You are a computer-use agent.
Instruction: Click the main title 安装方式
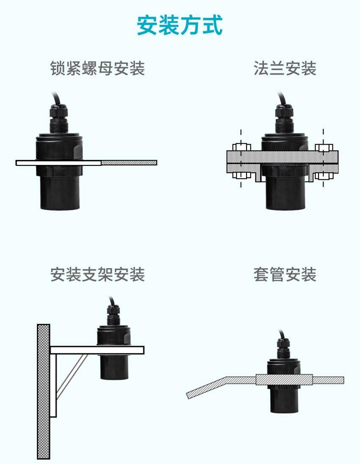click(180, 25)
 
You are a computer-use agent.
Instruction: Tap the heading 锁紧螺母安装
click(97, 68)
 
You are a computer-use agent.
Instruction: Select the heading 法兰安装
click(285, 68)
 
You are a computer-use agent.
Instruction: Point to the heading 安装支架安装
click(97, 274)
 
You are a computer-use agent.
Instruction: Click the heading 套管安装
click(285, 274)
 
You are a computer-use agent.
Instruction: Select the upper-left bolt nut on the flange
click(241, 147)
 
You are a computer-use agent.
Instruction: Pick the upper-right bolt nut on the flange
click(324, 147)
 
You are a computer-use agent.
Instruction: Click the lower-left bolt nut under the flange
click(241, 176)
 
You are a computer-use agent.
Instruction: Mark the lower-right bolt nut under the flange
click(324, 176)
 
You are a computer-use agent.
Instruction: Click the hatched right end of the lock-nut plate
click(129, 163)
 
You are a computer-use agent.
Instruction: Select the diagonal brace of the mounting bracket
click(72, 376)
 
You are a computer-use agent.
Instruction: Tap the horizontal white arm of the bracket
click(97, 350)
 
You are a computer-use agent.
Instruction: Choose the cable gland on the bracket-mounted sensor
click(113, 316)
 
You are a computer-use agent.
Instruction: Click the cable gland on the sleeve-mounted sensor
click(283, 349)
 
